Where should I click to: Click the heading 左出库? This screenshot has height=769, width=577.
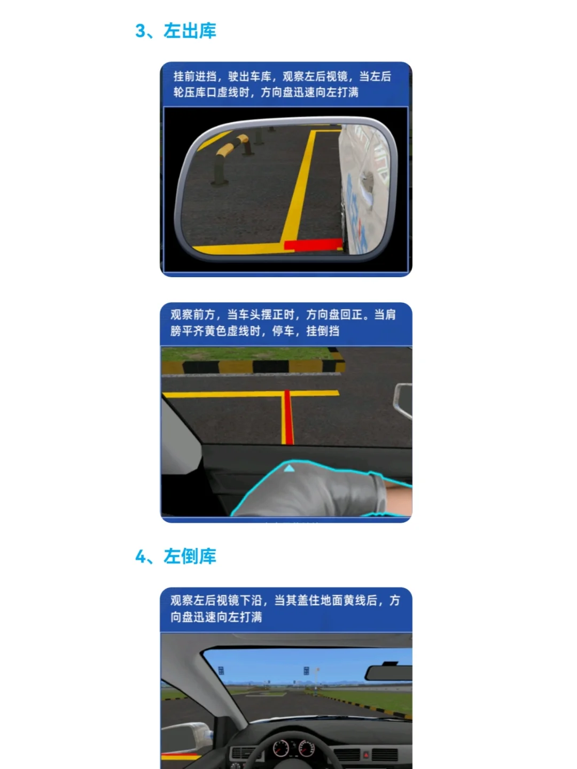190,31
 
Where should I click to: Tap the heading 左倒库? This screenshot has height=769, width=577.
190,556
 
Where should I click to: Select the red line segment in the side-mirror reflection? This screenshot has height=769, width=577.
313,245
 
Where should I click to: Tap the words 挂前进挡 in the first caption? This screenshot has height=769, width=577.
195,76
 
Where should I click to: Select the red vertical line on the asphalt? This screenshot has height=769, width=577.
288,417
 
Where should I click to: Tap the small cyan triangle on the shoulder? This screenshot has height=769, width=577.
289,468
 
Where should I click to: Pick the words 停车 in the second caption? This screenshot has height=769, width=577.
283,331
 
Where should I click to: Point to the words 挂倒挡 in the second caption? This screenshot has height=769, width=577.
323,331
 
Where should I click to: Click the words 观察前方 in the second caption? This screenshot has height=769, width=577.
192,315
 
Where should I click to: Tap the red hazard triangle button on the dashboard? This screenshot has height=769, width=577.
366,754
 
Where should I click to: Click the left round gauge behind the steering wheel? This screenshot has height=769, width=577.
281,748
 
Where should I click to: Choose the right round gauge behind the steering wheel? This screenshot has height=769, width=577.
307,748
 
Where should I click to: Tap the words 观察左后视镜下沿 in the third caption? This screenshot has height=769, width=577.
215,600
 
